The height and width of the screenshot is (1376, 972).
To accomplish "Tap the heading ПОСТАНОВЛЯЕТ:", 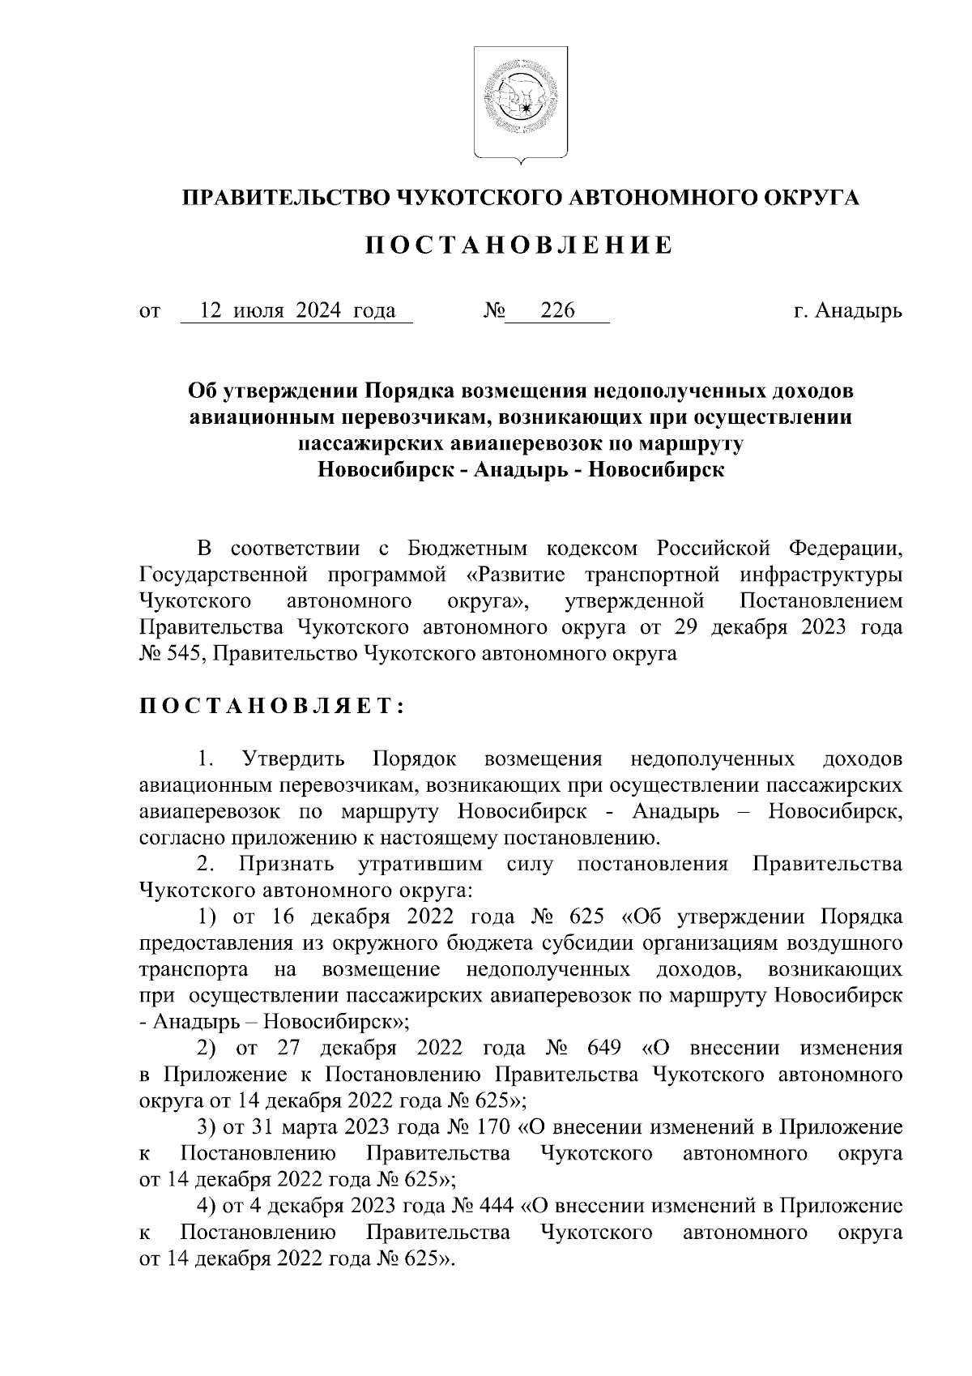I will [x=272, y=707].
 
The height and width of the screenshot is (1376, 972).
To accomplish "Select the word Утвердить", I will [x=293, y=759].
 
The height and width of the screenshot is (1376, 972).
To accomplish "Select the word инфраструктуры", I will [x=821, y=575].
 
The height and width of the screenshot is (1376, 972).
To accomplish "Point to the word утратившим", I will [x=420, y=865].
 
